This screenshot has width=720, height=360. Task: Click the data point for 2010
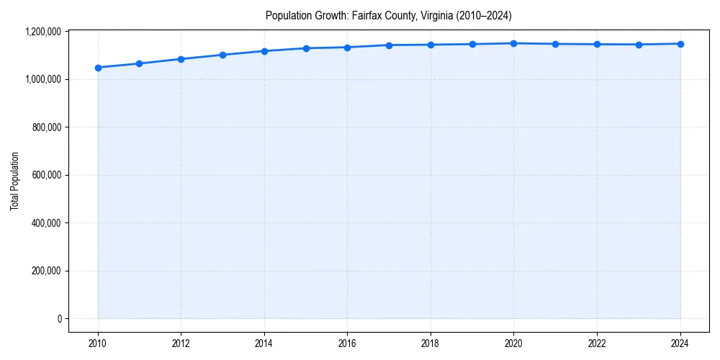coord(98,68)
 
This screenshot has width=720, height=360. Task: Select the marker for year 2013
coord(222,55)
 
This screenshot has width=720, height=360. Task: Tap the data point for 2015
coord(306,48)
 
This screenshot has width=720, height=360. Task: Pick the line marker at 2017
coord(389,45)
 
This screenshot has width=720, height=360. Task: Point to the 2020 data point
coord(514,43)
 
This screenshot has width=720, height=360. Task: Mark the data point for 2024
coord(680,44)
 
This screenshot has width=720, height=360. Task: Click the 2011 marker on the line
coord(140,63)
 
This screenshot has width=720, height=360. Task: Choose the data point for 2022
coord(597,44)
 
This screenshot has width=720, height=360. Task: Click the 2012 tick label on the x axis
coord(181,343)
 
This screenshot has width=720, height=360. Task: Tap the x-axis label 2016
coord(347,343)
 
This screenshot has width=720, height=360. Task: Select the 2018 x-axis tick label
coord(431,343)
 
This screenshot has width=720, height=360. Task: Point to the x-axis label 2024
coord(680,343)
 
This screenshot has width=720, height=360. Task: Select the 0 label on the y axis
coord(60,319)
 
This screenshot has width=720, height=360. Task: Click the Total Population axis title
coord(14,181)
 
